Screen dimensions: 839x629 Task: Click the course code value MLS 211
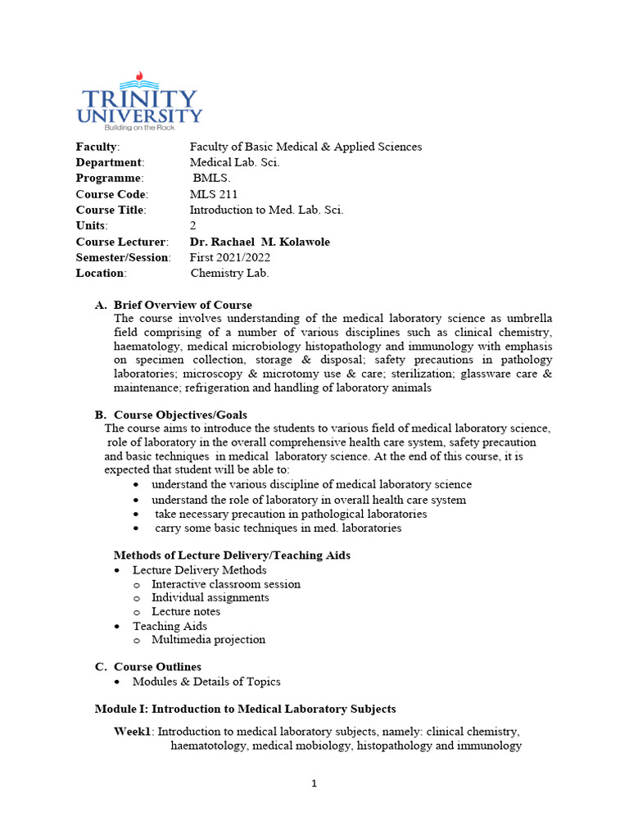(214, 194)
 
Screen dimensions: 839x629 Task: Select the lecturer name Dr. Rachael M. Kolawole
(260, 242)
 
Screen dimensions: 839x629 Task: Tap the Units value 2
(193, 225)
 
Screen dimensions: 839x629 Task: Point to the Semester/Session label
(124, 257)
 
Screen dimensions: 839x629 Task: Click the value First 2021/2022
(230, 257)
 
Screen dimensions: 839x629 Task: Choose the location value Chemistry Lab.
(229, 273)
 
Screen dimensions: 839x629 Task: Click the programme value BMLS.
(212, 178)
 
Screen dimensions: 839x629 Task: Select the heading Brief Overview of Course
(183, 305)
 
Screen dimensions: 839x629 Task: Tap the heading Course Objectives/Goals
(180, 415)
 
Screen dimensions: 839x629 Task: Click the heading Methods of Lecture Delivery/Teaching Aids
(232, 555)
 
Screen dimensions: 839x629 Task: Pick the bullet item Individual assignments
(210, 597)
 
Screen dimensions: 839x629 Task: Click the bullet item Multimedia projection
(208, 639)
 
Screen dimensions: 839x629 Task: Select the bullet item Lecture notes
(186, 611)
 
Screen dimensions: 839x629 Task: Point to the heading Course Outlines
(157, 666)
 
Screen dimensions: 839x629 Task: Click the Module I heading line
(245, 709)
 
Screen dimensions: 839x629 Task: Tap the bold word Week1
(134, 731)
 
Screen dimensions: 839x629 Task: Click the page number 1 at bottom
(314, 783)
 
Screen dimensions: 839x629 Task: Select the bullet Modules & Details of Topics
(206, 681)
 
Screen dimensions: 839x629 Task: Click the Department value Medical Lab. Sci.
(235, 162)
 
